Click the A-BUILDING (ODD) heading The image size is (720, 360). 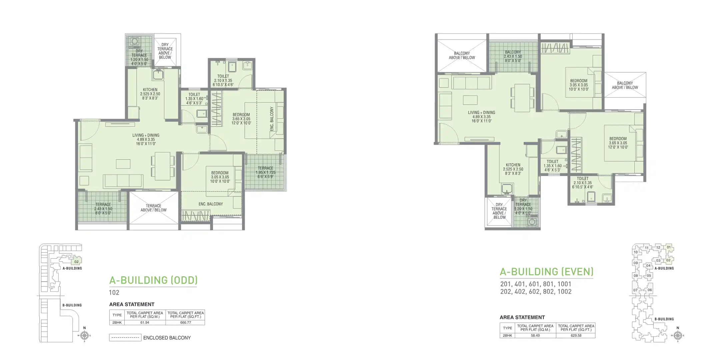click(x=153, y=280)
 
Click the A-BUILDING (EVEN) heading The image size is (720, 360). click(x=546, y=272)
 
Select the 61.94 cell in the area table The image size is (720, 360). click(x=145, y=323)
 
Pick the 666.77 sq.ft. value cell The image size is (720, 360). click(x=185, y=323)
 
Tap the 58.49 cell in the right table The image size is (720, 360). click(x=535, y=336)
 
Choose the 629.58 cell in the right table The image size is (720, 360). click(x=576, y=336)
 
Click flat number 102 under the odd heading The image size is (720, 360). click(x=114, y=293)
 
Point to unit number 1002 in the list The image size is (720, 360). click(x=564, y=292)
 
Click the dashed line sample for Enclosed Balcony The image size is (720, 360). click(x=125, y=338)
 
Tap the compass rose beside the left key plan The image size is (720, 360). click(x=84, y=336)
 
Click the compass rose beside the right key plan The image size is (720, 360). click(x=677, y=336)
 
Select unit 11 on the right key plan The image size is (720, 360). click(x=647, y=248)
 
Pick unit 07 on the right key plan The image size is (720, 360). click(x=635, y=290)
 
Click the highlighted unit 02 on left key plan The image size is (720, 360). click(x=77, y=262)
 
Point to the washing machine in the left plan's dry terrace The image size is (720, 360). click(x=134, y=42)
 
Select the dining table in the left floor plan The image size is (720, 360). click(x=163, y=164)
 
